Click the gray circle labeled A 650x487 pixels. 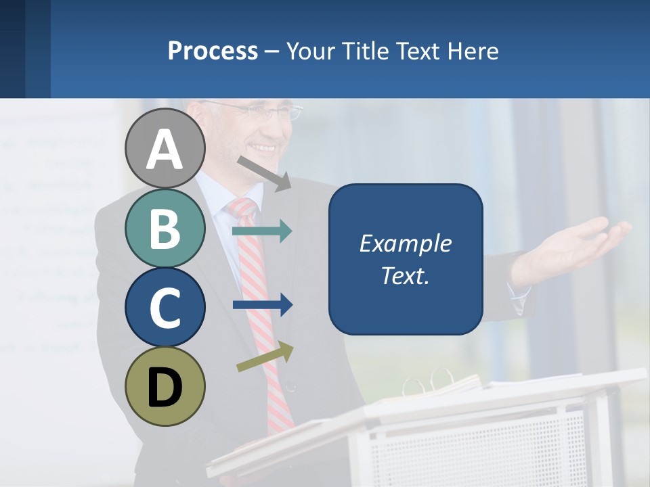point(165,149)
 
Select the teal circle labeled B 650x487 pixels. point(165,229)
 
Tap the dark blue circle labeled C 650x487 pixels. point(165,308)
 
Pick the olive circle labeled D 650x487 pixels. point(165,387)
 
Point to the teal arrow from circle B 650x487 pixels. point(262,231)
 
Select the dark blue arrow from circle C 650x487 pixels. point(263,305)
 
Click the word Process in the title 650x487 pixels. point(213,51)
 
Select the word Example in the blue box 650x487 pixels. point(405,243)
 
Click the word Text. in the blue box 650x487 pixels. point(405,275)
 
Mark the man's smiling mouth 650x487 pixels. point(263,147)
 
